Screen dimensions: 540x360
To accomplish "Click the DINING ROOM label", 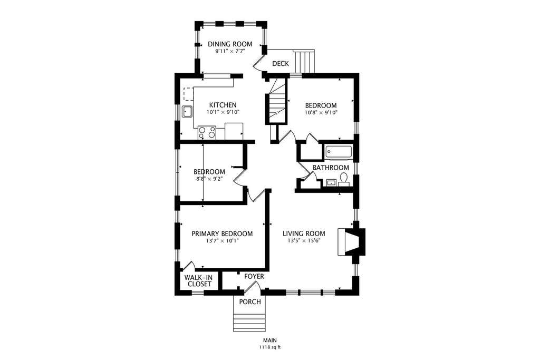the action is click(230, 44).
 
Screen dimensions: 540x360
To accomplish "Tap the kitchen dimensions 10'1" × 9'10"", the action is click(223, 112).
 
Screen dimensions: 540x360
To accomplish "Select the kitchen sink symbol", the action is click(188, 112).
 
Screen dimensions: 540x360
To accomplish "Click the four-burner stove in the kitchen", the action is click(207, 132).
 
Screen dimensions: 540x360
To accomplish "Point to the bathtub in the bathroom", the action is click(339, 153).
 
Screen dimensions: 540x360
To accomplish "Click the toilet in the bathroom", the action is click(344, 180).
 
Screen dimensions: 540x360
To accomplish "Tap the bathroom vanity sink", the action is click(331, 182).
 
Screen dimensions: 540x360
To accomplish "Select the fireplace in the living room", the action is click(351, 242).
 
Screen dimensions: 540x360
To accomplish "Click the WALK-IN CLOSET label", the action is click(198, 281).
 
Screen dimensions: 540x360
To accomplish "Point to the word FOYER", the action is click(254, 276).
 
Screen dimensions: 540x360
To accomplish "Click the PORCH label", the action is click(250, 302).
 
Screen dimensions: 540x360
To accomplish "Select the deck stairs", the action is click(304, 62).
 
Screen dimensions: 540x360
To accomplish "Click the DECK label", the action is click(281, 64).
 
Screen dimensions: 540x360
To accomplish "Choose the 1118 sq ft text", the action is click(271, 347).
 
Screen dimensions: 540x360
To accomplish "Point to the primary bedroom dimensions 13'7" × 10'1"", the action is click(222, 241).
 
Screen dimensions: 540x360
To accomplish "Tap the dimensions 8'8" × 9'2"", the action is click(209, 179).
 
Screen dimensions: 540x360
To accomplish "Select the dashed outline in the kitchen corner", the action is click(189, 94).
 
